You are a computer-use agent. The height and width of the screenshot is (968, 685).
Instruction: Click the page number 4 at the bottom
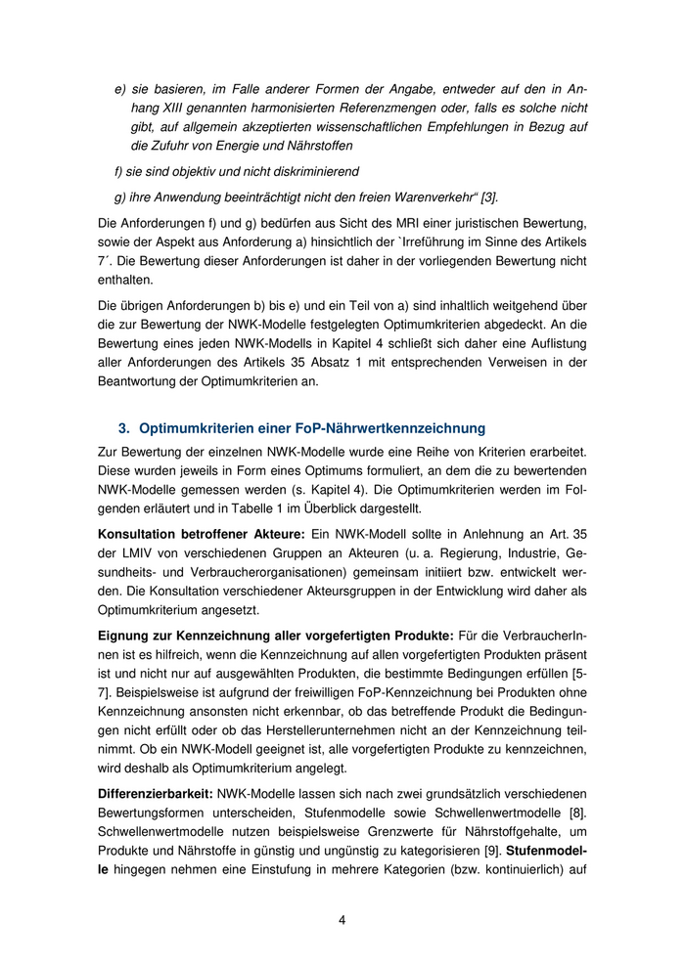click(342, 920)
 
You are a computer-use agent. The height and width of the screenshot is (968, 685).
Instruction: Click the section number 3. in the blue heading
click(124, 428)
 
